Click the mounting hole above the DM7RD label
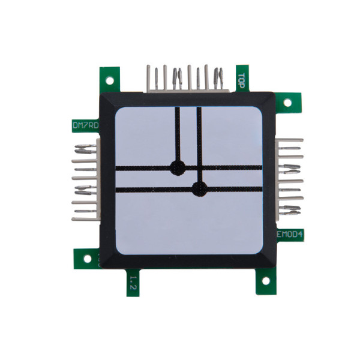pos(109,80)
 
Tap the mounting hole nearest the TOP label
pos(287,101)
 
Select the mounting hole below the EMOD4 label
pos(264,281)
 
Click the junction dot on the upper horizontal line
pos(177,167)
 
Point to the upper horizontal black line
pos(228,167)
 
